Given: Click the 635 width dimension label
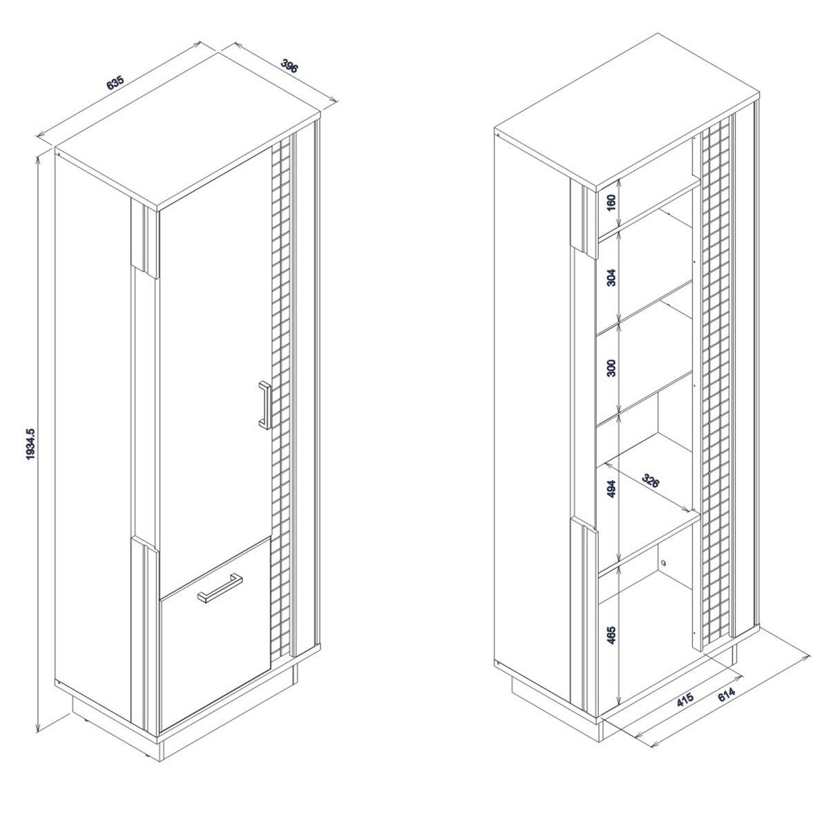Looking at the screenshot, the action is point(115,83).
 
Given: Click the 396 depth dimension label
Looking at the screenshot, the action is point(289,66).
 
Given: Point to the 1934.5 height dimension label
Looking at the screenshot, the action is point(30,444).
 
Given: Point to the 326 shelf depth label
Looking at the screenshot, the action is point(650,481).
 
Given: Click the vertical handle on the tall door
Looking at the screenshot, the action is point(265,405).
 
